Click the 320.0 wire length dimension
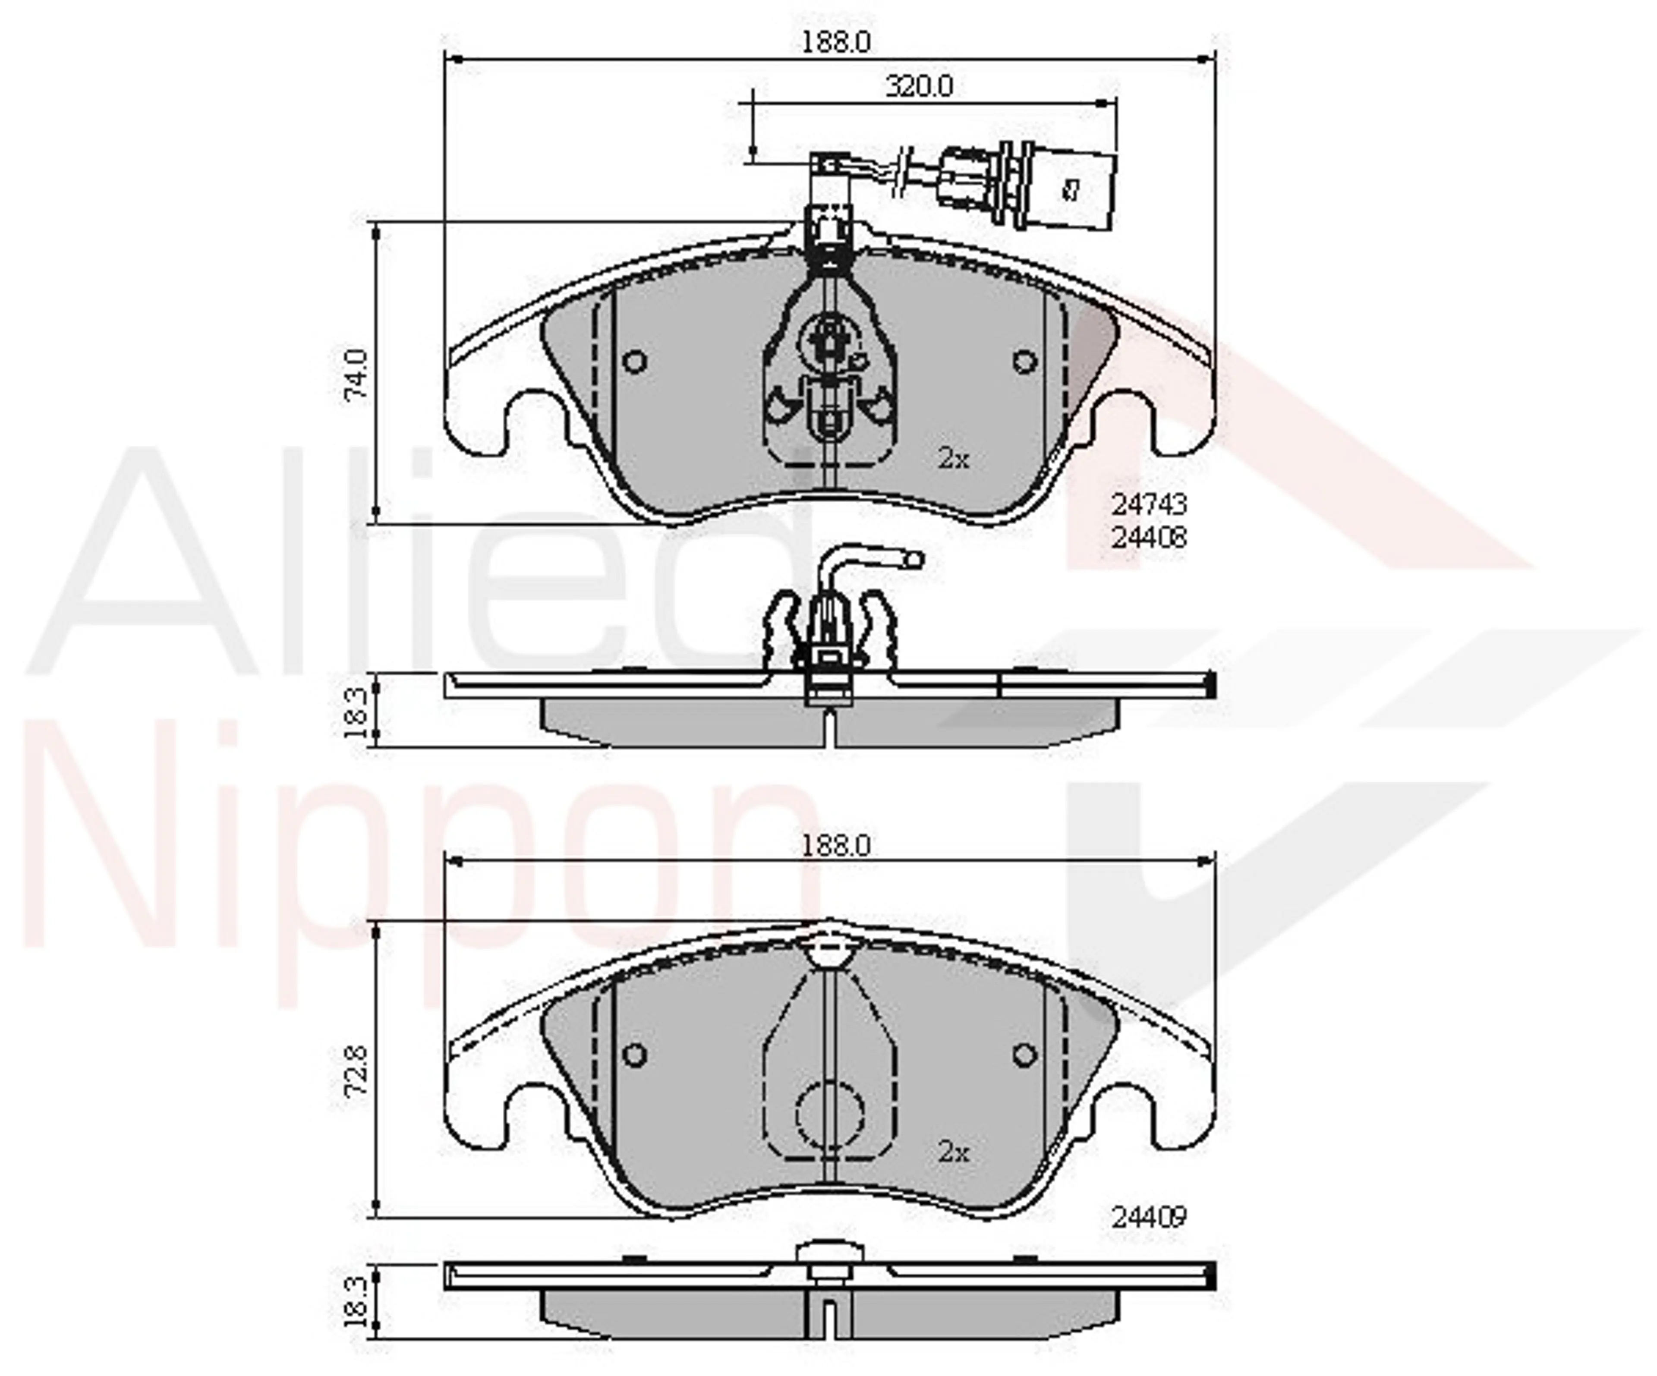pos(919,85)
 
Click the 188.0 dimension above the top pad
pos(836,43)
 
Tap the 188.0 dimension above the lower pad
pos(836,846)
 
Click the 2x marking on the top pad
pos(953,458)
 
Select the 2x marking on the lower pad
pos(953,1153)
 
